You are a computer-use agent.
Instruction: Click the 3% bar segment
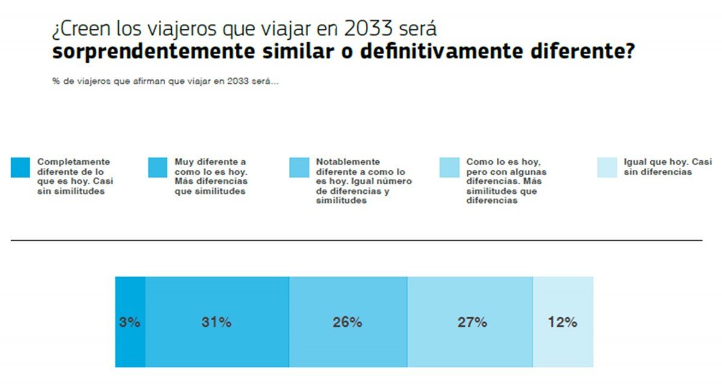pyautogui.click(x=130, y=322)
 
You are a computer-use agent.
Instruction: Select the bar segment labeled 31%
pyautogui.click(x=217, y=322)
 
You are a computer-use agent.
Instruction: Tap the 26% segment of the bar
pyautogui.click(x=348, y=322)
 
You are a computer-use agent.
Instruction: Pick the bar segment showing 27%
pyautogui.click(x=471, y=322)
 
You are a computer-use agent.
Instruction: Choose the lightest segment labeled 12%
pyautogui.click(x=563, y=322)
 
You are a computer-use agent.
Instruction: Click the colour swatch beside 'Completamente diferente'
pyautogui.click(x=20, y=167)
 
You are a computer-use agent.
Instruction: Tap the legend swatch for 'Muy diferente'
pyautogui.click(x=158, y=167)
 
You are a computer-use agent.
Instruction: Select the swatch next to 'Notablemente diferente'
pyautogui.click(x=299, y=167)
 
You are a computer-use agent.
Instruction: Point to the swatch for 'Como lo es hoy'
pyautogui.click(x=449, y=167)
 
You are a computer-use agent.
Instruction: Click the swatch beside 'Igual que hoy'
pyautogui.click(x=607, y=167)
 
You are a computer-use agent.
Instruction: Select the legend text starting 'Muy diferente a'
pyautogui.click(x=211, y=176)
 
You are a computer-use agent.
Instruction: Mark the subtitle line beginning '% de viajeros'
pyautogui.click(x=165, y=82)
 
